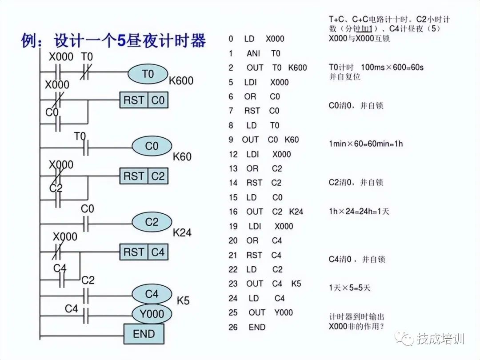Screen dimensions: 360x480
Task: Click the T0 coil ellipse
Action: point(148,74)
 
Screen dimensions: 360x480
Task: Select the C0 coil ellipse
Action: point(152,146)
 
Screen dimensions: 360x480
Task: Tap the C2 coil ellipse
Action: point(152,222)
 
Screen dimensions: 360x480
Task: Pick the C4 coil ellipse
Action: point(152,294)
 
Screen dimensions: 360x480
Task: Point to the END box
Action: point(144,334)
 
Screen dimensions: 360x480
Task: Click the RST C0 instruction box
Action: point(144,100)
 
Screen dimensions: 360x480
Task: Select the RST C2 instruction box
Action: point(144,176)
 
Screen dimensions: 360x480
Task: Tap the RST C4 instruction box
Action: point(144,252)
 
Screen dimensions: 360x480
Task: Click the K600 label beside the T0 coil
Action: point(181,80)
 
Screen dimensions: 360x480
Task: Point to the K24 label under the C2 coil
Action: point(182,232)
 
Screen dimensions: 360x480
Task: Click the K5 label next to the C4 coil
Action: point(183,301)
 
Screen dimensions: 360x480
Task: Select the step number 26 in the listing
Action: point(233,327)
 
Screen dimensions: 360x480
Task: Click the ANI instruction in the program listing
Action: point(253,53)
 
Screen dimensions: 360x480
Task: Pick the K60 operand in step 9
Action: point(292,140)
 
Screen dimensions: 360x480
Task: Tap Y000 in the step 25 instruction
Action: point(283,312)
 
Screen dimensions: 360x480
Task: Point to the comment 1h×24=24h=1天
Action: point(359,212)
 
